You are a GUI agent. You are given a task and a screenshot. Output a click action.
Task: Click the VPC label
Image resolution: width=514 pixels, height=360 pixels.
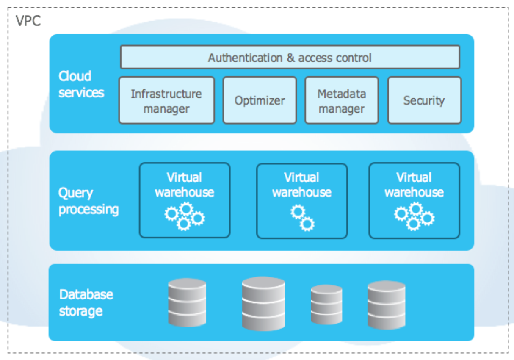[x=28, y=21]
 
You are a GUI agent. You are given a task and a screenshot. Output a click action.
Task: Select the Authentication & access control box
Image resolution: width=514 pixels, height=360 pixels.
[x=290, y=57]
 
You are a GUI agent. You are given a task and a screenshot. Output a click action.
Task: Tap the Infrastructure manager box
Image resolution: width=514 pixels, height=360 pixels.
[x=166, y=100]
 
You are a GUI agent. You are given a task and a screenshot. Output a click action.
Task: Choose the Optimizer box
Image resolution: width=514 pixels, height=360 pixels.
[x=260, y=100]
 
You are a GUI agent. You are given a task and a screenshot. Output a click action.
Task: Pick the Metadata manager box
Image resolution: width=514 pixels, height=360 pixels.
[x=342, y=100]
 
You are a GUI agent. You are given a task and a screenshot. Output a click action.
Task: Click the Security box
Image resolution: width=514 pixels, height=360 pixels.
[x=425, y=100]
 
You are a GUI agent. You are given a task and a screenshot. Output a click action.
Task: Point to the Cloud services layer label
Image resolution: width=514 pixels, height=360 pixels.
[x=81, y=84]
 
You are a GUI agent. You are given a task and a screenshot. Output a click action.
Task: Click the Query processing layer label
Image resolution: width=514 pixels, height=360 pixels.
[x=88, y=201]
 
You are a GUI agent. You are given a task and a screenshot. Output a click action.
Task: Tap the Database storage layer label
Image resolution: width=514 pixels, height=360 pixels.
[x=86, y=303]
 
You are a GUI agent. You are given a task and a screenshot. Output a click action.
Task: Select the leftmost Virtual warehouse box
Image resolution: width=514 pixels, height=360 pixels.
[x=185, y=200]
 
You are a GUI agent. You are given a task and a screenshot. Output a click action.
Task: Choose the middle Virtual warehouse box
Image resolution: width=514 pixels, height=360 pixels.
[x=302, y=201]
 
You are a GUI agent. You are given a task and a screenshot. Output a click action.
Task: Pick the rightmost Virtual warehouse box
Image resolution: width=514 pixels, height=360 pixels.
[x=414, y=201]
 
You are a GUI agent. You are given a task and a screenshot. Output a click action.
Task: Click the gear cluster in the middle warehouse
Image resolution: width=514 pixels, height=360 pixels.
[x=302, y=218]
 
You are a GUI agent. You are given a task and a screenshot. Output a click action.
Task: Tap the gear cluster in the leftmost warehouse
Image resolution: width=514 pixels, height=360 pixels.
[x=185, y=216]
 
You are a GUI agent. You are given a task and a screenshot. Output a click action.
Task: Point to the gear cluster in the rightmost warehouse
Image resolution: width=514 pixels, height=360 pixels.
[x=414, y=216]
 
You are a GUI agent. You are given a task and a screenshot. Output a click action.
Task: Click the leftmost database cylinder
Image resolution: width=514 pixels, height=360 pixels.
[x=187, y=302]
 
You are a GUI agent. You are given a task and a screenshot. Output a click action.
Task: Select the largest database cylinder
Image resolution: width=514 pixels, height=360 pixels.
[x=263, y=304]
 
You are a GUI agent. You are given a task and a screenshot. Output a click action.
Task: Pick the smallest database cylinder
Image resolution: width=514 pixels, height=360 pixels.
[x=326, y=305]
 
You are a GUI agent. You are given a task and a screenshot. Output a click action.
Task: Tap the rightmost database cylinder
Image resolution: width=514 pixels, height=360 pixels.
[x=386, y=305]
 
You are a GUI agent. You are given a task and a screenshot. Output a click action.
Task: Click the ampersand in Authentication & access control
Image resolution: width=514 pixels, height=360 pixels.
[x=290, y=58]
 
